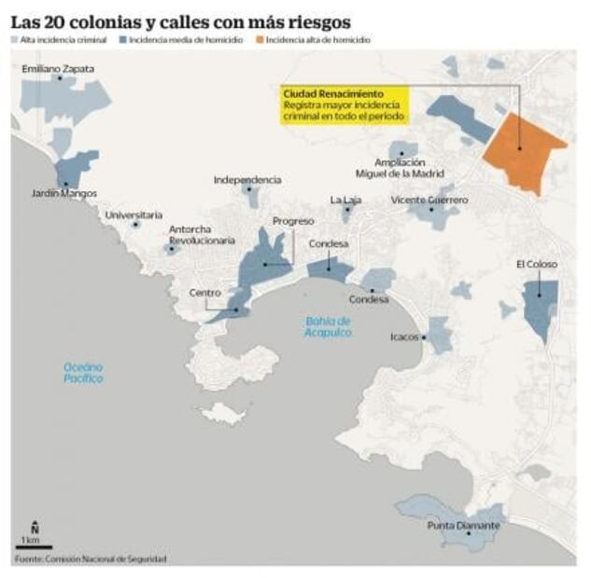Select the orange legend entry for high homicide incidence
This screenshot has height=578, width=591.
pyautogui.click(x=317, y=40)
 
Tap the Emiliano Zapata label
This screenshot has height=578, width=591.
pyautogui.click(x=58, y=69)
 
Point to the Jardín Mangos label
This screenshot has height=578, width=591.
pyautogui.click(x=63, y=194)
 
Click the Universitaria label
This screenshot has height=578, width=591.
pyautogui.click(x=134, y=214)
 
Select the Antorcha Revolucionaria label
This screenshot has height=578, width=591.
pyautogui.click(x=202, y=235)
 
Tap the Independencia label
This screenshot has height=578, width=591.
pyautogui.click(x=247, y=179)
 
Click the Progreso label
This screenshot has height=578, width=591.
pyautogui.click(x=293, y=221)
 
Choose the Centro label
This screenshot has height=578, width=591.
pyautogui.click(x=205, y=293)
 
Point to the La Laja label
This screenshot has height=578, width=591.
pyautogui.click(x=345, y=200)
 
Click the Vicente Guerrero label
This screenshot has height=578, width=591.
pyautogui.click(x=429, y=200)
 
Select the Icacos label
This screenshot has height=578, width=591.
pyautogui.click(x=404, y=337)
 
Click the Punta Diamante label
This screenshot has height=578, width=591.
pyautogui.click(x=463, y=526)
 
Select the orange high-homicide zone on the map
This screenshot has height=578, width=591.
pyautogui.click(x=523, y=149)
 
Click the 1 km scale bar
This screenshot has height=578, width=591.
pyautogui.click(x=33, y=545)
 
